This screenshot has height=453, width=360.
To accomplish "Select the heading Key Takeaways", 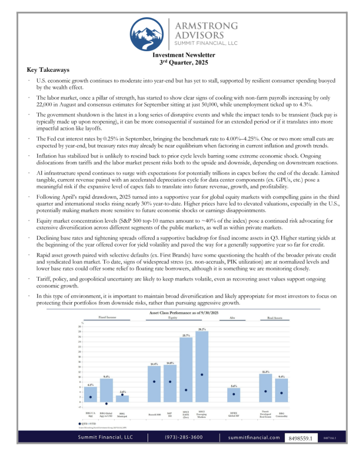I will coord(48,70).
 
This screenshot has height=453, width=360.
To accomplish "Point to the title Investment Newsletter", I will coord(180,55).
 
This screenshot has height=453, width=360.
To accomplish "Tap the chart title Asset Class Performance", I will coord(180,312).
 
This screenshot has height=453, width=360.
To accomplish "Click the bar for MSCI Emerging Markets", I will coord(202,366).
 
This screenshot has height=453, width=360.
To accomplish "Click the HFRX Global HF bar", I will coord(233,395).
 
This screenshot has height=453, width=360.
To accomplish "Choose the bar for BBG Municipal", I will coord(122,399).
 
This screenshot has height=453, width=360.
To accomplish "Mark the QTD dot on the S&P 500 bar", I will coord(170,381).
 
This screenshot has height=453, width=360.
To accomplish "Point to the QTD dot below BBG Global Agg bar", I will coord(106,404).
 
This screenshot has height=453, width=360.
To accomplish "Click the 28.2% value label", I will coord(202,329).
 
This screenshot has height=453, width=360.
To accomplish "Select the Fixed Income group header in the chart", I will coord(106,317).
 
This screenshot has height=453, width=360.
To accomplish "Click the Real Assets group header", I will coord(274,317).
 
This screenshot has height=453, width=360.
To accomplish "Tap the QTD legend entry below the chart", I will coord(85,423).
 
